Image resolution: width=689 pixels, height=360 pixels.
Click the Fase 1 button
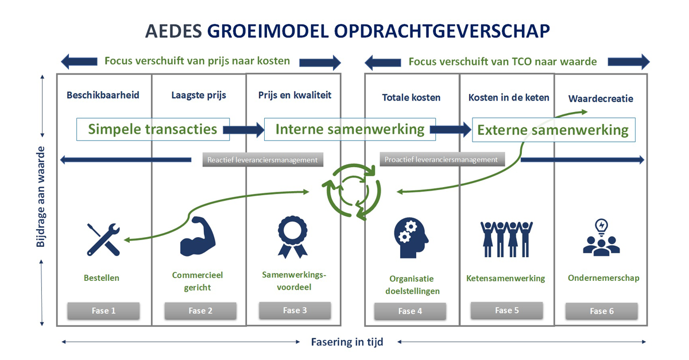coord(104,311)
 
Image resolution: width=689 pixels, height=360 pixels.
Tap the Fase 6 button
coord(601,311)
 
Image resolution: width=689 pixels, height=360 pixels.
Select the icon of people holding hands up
coord(506,238)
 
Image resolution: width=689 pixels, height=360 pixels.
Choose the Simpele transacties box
coord(153,129)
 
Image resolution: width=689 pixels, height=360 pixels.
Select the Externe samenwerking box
coord(553,130)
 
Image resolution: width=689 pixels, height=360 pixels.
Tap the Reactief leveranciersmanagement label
coord(262,160)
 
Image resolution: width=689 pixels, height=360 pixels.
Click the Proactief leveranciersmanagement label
coord(442,159)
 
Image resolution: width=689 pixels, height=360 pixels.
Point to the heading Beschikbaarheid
coord(103,95)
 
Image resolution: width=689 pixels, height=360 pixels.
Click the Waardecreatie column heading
coord(601,98)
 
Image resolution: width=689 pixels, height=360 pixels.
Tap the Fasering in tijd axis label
coord(347,342)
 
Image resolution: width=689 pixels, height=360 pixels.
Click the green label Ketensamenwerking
coord(506,278)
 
